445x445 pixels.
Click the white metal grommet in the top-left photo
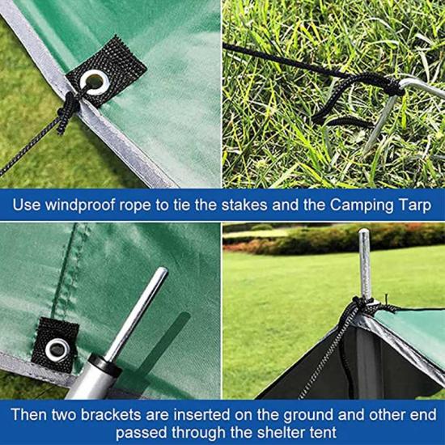pyautogui.click(x=94, y=83)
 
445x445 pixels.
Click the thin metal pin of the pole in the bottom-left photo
pyautogui.click(x=137, y=314)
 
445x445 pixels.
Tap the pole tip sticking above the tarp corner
pyautogui.click(x=365, y=264)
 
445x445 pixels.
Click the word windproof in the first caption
pyautogui.click(x=81, y=206)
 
